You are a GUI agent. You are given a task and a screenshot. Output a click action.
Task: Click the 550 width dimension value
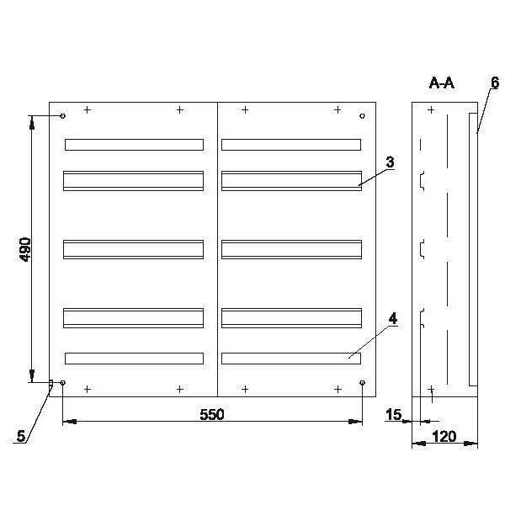pos(211,414)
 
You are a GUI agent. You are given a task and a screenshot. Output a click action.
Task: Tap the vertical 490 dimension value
pos(25,249)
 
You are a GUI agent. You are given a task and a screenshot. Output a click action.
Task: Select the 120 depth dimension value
pos(444,437)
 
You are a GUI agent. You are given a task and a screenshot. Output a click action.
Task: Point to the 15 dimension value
pos(394,414)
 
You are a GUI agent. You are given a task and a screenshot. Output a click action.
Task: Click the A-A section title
pos(442,83)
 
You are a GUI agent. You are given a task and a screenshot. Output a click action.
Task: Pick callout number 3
pos(390,162)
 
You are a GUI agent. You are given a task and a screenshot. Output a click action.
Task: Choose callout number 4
pos(393,318)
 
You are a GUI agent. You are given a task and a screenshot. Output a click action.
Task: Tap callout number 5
pos(21,436)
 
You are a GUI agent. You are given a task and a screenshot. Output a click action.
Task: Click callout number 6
pos(495,82)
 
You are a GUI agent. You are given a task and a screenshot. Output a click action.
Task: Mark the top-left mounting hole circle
pos(63,116)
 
